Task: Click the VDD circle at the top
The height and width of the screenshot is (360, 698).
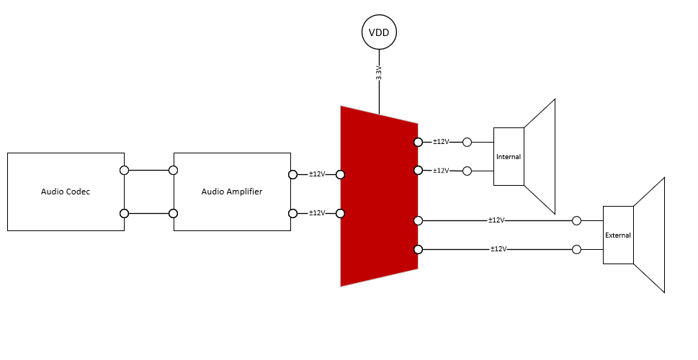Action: pos(379,33)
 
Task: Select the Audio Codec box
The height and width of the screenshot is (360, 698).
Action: pos(66,192)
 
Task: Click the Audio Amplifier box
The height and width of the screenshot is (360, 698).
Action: pos(232,192)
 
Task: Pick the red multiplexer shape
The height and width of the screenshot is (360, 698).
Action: pos(379,196)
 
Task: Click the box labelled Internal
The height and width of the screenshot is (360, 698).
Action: pos(509,156)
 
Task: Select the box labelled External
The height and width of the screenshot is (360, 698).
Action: pos(618,235)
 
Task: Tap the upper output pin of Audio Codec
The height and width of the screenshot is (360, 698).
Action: pos(124,171)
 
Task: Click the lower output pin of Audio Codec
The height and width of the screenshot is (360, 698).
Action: pos(124,214)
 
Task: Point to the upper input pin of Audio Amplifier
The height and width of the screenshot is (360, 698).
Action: pos(173,171)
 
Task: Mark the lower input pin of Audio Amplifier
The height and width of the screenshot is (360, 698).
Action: pos(173,214)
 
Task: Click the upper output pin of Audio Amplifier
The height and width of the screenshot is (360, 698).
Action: pos(292,174)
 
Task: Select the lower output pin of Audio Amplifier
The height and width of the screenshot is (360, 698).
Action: pos(292,213)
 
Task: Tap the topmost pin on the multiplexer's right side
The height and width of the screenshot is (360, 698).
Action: pos(418,143)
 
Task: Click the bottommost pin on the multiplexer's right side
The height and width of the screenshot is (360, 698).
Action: pos(418,250)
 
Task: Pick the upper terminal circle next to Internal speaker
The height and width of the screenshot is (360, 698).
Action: pos(467,143)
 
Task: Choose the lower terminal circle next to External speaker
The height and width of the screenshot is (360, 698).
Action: pos(576,250)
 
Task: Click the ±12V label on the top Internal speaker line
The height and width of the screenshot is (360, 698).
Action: pos(441,142)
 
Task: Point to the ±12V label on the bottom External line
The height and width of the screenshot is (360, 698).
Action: pos(498,249)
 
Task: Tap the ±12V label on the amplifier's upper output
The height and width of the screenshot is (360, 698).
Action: pos(317,174)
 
